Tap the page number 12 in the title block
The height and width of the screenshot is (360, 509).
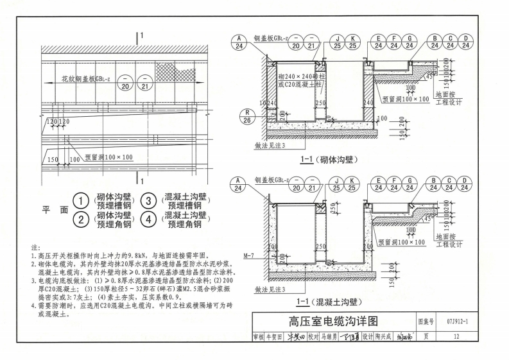pyautogui.click(x=456, y=336)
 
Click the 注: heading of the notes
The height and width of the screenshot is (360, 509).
pyautogui.click(x=35, y=248)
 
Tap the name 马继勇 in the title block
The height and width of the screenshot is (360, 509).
pyautogui.click(x=330, y=336)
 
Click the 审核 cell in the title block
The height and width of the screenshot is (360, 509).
pyautogui.click(x=257, y=336)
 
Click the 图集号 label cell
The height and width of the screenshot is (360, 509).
pyautogui.click(x=426, y=321)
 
